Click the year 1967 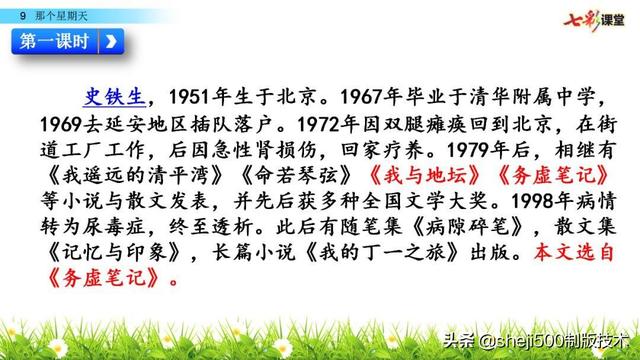(367, 97)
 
